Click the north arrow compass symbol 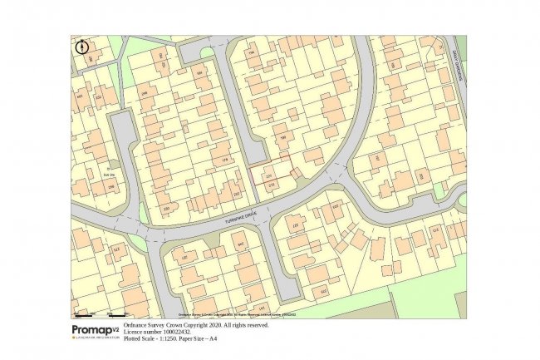click(x=81, y=47)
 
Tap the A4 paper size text click(x=214, y=339)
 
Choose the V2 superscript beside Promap click(x=115, y=327)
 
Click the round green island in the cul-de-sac click(x=205, y=52)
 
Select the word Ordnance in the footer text click(x=137, y=326)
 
